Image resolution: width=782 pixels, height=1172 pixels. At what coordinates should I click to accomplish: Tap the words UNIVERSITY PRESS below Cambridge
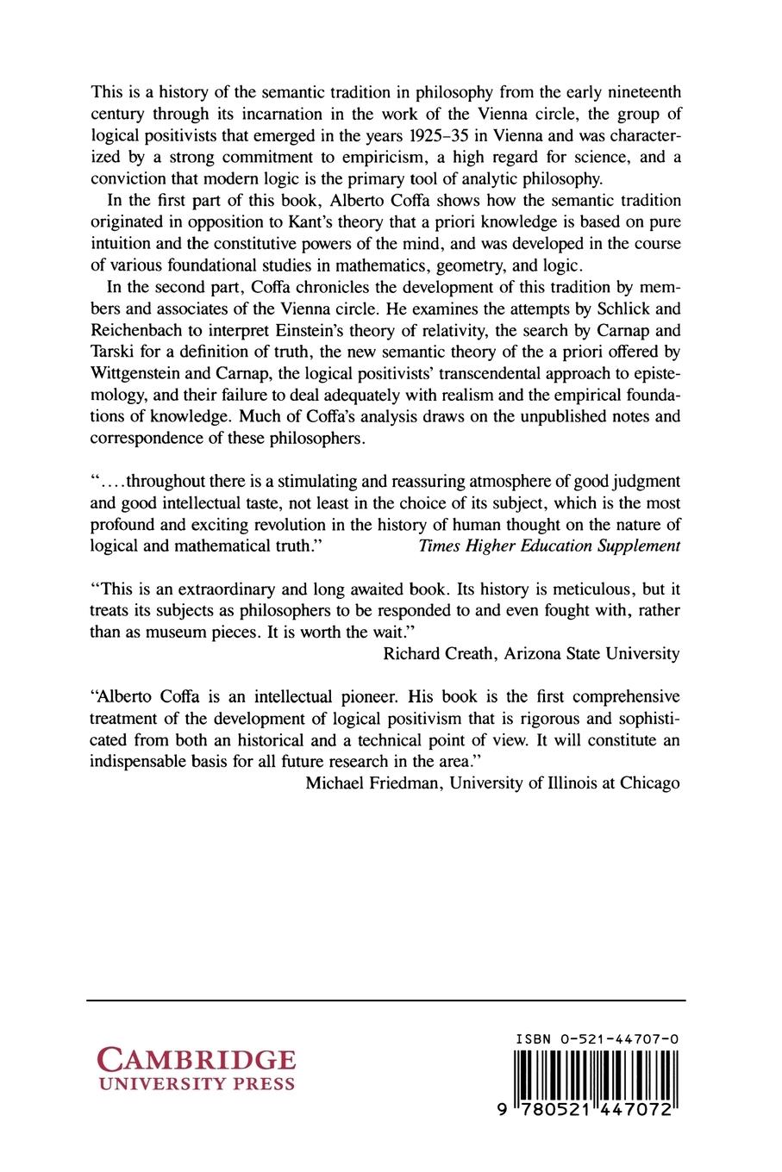coord(197,1084)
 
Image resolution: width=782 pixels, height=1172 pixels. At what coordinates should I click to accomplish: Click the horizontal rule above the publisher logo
coord(386,1001)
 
